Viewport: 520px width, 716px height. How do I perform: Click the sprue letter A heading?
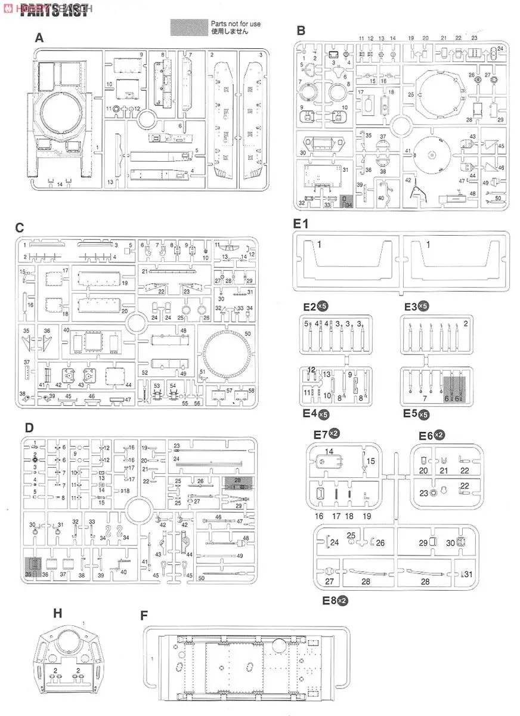39,38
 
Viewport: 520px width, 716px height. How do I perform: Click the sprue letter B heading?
301,30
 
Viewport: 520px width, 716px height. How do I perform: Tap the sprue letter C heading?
20,227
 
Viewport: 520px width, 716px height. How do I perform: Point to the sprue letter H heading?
57,613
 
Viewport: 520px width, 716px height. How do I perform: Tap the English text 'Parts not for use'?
236,23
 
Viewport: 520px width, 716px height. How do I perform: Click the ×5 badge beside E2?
323,306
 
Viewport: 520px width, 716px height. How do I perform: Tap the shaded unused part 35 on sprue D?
34,565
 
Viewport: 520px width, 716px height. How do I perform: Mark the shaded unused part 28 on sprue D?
237,482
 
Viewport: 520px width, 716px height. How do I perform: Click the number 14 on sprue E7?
330,452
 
